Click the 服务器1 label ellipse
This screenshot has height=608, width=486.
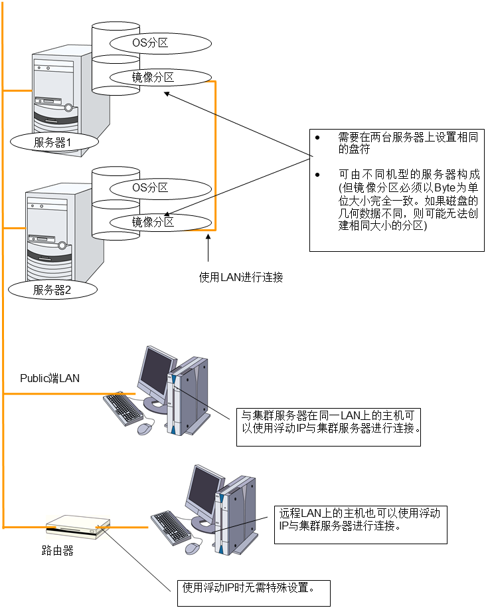pyautogui.click(x=55, y=142)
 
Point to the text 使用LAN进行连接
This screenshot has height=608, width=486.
pyautogui.click(x=241, y=277)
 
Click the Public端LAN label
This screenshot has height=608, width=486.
pyautogui.click(x=50, y=378)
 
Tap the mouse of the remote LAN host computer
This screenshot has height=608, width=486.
pyautogui.click(x=193, y=548)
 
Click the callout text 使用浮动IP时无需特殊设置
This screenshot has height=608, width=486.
pyautogui.click(x=248, y=587)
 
